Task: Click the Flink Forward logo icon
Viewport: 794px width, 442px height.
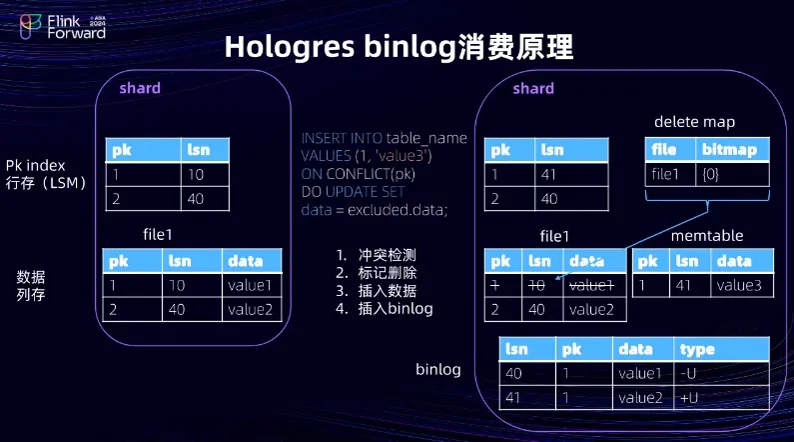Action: point(30,26)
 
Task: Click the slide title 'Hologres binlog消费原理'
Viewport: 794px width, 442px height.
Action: point(399,47)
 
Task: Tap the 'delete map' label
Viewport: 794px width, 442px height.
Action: point(694,122)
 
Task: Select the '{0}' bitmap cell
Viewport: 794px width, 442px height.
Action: point(710,174)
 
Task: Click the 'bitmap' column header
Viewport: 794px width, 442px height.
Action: point(729,150)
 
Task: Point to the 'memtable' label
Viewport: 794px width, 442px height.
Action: point(707,236)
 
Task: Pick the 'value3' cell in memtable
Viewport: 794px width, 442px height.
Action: point(739,285)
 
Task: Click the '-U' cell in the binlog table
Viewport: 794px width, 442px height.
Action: point(688,374)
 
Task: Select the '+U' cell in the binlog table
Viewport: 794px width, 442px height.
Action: point(689,398)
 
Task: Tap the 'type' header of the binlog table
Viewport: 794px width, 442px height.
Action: point(697,350)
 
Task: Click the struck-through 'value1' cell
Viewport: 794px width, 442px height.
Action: point(591,286)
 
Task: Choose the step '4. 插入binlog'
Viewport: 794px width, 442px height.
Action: point(385,308)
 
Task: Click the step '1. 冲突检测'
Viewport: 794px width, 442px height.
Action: point(376,254)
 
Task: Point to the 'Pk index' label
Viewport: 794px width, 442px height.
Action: point(35,165)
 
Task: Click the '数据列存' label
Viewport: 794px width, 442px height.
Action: point(31,285)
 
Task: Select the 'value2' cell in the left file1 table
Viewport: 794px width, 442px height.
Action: point(250,309)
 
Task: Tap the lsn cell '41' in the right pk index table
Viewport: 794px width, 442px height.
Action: point(549,174)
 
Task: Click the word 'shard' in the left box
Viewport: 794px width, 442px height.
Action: point(140,88)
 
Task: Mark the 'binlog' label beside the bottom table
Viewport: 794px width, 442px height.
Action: point(438,370)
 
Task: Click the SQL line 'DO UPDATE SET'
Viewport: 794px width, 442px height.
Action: point(353,192)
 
